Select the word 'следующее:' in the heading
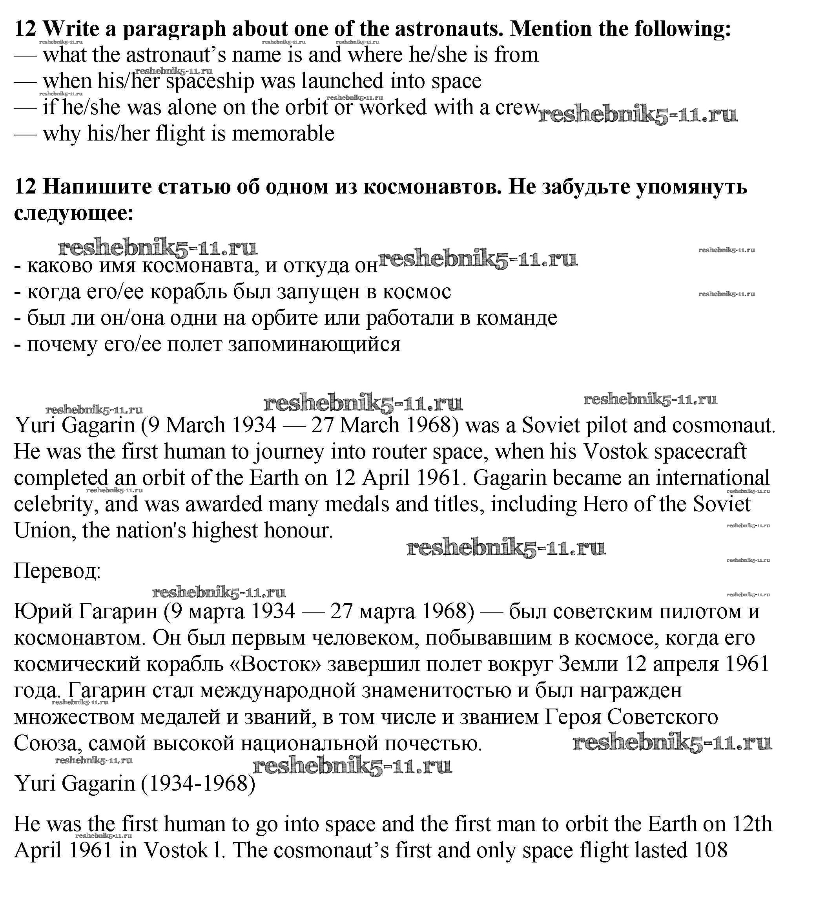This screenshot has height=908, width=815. pyautogui.click(x=74, y=213)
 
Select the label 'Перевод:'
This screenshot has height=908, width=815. pyautogui.click(x=57, y=572)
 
